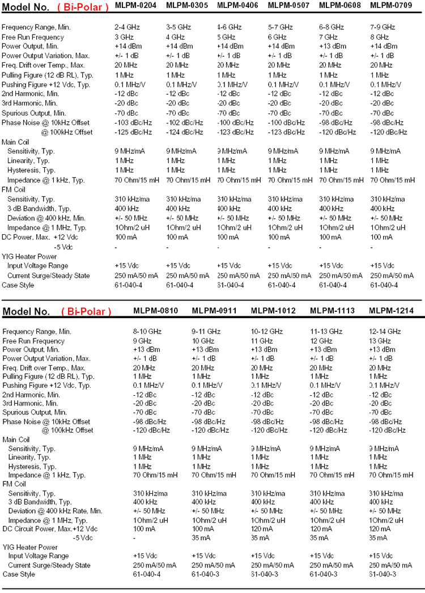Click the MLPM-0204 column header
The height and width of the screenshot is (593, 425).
(135, 5)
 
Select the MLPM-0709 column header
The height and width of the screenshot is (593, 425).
(390, 5)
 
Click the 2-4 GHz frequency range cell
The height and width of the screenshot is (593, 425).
(128, 27)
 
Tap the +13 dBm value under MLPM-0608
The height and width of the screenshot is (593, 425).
(331, 46)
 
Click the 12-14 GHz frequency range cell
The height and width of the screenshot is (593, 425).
(385, 331)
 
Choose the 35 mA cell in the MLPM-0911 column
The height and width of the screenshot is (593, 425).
(201, 537)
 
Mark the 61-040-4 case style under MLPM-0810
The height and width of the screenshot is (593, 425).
(147, 574)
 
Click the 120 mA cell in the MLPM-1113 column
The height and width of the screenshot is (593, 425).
(320, 528)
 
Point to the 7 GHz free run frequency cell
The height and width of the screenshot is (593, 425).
(328, 37)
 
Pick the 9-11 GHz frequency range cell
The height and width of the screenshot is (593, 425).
(206, 331)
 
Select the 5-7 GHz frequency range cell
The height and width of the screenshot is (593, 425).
(280, 27)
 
